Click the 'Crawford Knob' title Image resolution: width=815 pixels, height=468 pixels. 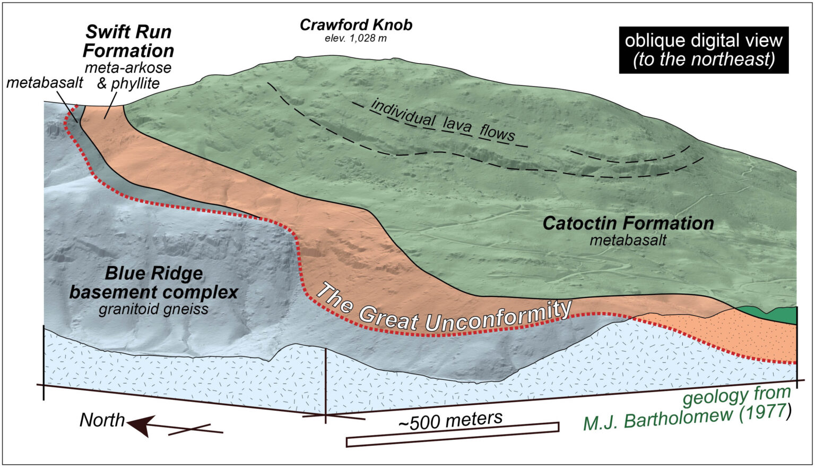point(356,24)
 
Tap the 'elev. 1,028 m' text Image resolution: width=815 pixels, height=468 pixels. point(356,38)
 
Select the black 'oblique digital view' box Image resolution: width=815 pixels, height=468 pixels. point(703,49)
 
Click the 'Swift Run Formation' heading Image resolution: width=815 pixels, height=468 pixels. point(128,41)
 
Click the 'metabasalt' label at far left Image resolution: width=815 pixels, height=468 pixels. point(45,83)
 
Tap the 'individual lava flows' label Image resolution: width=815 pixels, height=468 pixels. point(443,120)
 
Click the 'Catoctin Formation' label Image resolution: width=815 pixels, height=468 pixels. point(628,223)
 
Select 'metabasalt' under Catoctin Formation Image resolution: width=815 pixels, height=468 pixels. point(628,240)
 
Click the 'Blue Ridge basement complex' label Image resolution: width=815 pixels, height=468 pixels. point(154,283)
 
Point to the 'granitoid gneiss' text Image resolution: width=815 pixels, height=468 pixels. point(153,309)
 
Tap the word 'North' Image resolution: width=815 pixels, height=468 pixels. point(102,420)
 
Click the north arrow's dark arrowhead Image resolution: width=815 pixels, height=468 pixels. point(139,426)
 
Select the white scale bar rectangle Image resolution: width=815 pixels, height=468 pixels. point(452,434)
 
